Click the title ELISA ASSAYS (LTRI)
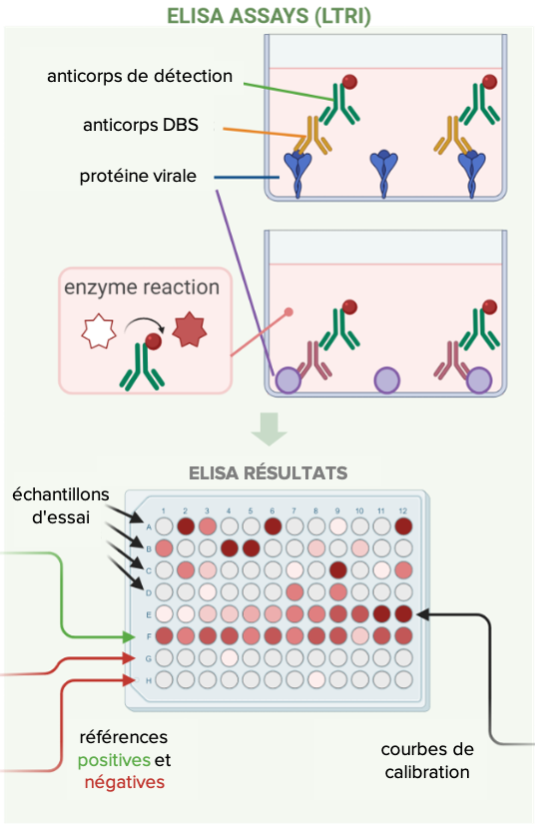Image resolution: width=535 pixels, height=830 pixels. point(268,15)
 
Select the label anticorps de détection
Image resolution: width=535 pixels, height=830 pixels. point(140,76)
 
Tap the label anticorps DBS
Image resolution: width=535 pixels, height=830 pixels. point(141,125)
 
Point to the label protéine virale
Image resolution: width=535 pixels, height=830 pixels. point(138,176)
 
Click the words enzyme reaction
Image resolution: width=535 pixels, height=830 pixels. point(142,287)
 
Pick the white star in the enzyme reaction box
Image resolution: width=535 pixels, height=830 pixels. point(99,331)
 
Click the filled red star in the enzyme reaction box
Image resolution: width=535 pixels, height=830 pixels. point(190,330)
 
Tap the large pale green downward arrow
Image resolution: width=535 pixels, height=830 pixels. point(268,428)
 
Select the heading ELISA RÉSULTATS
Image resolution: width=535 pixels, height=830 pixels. point(268,472)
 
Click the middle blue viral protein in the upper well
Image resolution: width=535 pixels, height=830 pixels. point(384,173)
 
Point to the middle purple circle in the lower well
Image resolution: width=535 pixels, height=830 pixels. point(387,381)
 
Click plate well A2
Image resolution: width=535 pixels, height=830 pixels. point(186,526)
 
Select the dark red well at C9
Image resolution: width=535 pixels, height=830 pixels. point(338,570)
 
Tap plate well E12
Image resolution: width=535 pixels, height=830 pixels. point(403,614)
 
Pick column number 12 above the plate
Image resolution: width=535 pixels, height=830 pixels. point(402,510)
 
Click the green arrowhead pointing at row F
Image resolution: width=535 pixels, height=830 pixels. point(129,636)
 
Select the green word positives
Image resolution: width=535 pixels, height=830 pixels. point(114,760)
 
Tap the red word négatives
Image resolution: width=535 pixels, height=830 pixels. point(125,782)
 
